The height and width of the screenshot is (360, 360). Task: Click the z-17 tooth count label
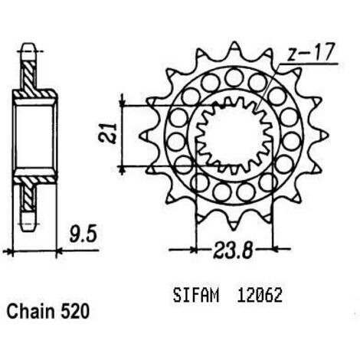[x=310, y=52]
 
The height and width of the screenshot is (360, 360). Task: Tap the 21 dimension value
[x=107, y=133]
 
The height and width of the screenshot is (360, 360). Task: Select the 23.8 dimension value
[x=233, y=250]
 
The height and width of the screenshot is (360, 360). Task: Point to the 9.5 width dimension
[x=83, y=234]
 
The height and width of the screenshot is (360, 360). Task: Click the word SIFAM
[x=196, y=296]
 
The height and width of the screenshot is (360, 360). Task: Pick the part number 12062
[x=260, y=296]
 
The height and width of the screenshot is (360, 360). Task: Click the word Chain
[x=31, y=312]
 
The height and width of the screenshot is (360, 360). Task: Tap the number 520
[x=75, y=312]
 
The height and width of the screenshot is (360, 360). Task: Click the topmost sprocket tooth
[x=234, y=47]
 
